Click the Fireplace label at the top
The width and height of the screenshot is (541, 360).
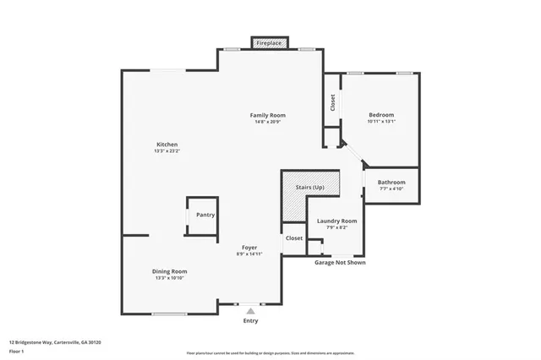pos(270,42)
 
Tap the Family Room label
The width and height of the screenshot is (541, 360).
pos(267,115)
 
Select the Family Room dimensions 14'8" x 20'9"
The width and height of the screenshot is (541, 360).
pos(267,122)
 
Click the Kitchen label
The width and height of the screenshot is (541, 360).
pos(167,145)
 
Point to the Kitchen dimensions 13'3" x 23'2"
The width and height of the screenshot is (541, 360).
pos(167,151)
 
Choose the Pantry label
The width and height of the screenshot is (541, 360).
pos(205,215)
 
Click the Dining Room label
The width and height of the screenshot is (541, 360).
pos(169,271)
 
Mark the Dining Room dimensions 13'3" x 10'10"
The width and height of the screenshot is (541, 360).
pos(169,278)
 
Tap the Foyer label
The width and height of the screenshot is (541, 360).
pos(249,247)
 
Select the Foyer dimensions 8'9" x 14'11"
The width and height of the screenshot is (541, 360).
pos(249,254)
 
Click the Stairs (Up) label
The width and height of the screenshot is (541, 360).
pos(310,187)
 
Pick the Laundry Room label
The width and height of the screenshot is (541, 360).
pos(336,221)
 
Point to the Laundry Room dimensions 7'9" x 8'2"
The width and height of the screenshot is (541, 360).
pos(336,227)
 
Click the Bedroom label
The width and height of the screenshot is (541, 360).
pos(381,115)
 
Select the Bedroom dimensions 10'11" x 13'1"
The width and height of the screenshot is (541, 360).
pos(381,122)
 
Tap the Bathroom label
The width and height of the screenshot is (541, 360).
pos(391,183)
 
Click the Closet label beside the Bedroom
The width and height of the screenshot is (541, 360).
pos(333,102)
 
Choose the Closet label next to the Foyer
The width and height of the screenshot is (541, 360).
pos(294,238)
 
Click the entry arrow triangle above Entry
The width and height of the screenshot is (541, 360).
pos(250,311)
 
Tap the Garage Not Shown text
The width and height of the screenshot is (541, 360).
pos(340,262)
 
